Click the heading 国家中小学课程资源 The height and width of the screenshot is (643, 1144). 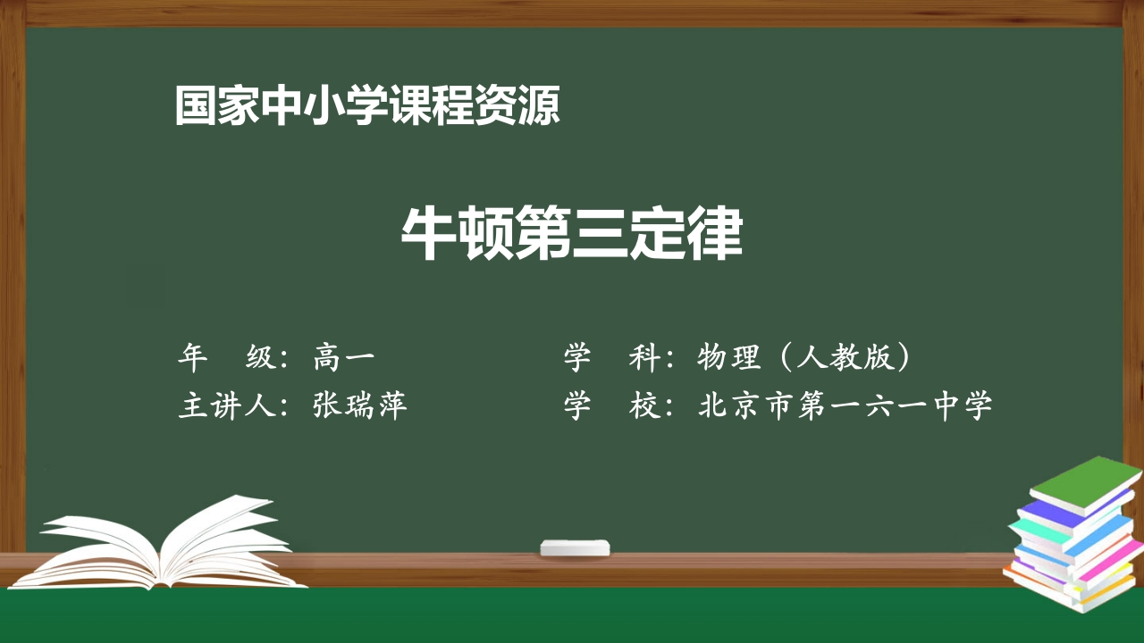coord(367,106)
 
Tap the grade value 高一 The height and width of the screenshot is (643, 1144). coord(344,358)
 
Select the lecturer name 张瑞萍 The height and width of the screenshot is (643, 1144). coord(360,406)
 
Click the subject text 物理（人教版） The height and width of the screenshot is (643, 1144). coord(805,358)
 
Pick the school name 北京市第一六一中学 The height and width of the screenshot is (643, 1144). coord(845,406)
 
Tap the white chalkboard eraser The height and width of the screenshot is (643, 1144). coord(575,547)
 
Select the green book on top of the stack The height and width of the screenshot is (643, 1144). coord(1085,483)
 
